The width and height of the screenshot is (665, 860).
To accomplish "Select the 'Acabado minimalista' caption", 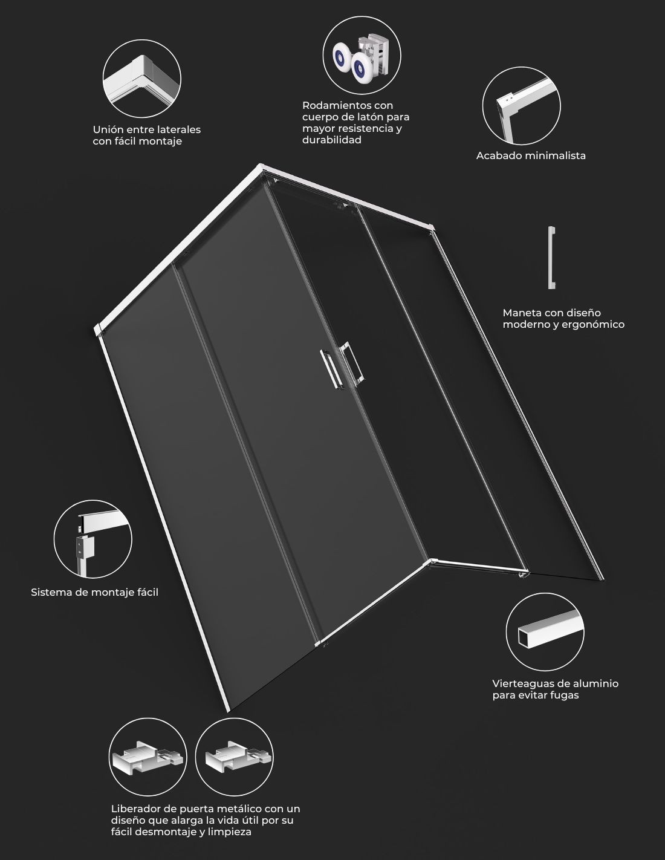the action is [531, 156].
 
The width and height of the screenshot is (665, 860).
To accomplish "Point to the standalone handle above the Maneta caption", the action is [551, 258].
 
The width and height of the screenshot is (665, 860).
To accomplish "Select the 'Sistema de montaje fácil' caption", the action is [94, 593].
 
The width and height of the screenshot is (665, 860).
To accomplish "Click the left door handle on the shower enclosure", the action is [331, 370].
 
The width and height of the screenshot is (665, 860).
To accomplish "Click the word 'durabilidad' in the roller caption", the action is [331, 140].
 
